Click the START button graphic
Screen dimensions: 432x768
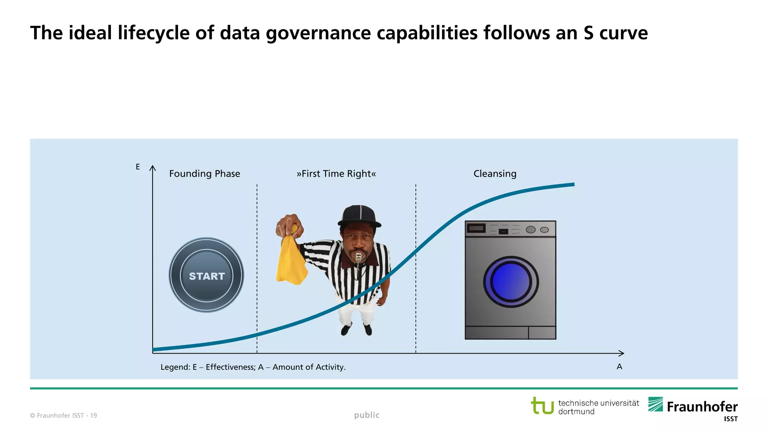tap(207, 275)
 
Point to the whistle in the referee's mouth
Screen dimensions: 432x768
tap(358, 257)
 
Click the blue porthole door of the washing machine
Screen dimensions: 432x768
tap(511, 282)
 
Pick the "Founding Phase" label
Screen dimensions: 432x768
tap(204, 174)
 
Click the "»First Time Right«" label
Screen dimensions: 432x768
tap(336, 174)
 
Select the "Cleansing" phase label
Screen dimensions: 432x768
tap(495, 174)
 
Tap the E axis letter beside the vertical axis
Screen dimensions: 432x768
tap(138, 167)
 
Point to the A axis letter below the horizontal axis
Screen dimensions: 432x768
tap(619, 367)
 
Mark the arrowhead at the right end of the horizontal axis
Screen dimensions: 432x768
tap(622, 353)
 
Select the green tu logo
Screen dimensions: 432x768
tap(542, 406)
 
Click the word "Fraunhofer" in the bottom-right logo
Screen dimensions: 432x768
tap(702, 407)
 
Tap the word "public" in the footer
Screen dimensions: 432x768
tap(367, 415)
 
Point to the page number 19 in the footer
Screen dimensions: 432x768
tap(93, 415)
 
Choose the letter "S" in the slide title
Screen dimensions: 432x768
tap(588, 33)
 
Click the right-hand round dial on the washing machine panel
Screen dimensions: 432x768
tap(544, 230)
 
